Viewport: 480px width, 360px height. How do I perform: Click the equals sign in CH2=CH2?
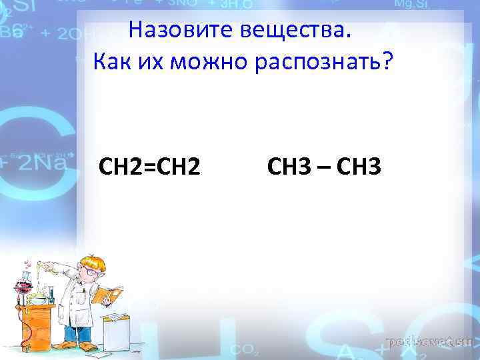pyautogui.click(x=148, y=166)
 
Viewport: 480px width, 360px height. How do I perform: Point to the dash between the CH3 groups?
pyautogui.click(x=325, y=167)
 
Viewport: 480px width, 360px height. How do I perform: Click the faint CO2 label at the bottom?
pyautogui.click(x=241, y=349)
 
